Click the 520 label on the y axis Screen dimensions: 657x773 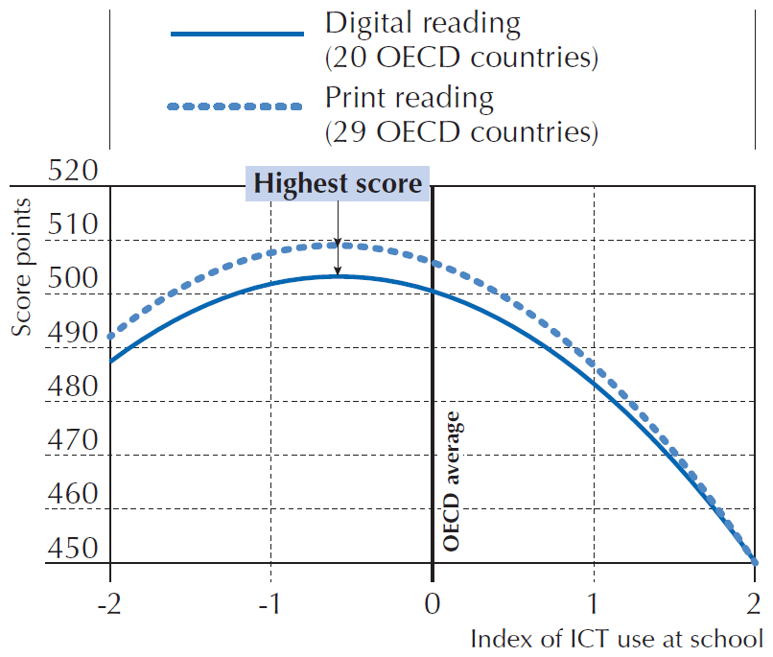point(72,173)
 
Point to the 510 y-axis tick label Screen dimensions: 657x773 point(72,226)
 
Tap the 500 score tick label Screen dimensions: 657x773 point(72,280)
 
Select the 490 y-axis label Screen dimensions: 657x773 point(72,334)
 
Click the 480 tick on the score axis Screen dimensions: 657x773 point(72,387)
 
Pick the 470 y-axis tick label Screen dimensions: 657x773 point(72,441)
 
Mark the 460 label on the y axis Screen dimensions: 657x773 point(72,495)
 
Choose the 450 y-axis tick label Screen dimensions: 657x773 point(72,549)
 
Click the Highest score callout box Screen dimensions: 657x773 point(338,184)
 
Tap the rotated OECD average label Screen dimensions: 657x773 point(454,481)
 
